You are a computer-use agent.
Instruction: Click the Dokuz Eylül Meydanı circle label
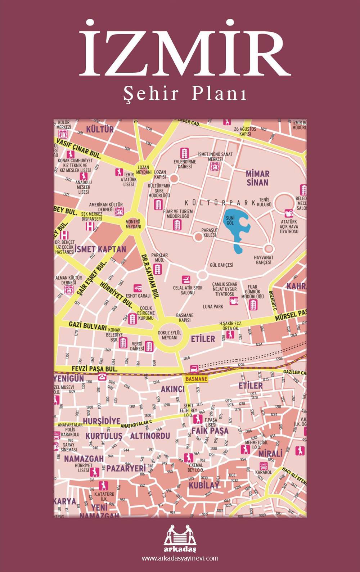(170, 335)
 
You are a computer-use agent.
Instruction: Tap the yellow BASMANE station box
(196, 379)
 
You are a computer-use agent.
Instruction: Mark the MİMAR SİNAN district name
(257, 178)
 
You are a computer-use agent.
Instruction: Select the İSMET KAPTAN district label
(100, 249)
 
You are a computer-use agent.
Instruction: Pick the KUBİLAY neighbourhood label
(204, 485)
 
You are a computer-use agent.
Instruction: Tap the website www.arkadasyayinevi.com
(180, 558)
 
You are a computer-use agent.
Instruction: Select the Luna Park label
(213, 306)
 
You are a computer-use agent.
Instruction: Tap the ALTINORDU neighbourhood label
(150, 436)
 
